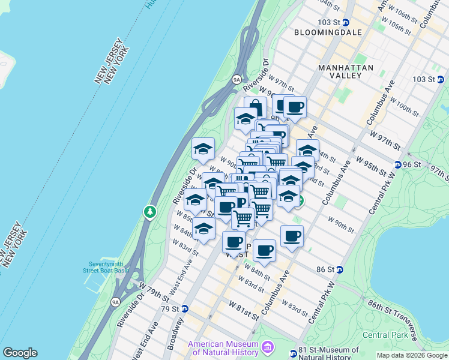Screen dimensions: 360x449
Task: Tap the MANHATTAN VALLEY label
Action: click(x=346, y=71)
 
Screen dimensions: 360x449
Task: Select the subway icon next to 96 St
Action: click(x=398, y=165)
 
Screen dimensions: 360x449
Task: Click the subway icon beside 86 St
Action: click(x=340, y=270)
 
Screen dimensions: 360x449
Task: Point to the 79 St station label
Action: click(x=171, y=309)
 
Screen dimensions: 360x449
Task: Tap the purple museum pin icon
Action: click(x=268, y=347)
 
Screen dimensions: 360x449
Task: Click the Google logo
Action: click(x=20, y=353)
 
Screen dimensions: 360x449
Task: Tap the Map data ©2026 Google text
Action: click(x=411, y=355)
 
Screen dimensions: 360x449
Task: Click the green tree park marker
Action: click(x=149, y=212)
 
